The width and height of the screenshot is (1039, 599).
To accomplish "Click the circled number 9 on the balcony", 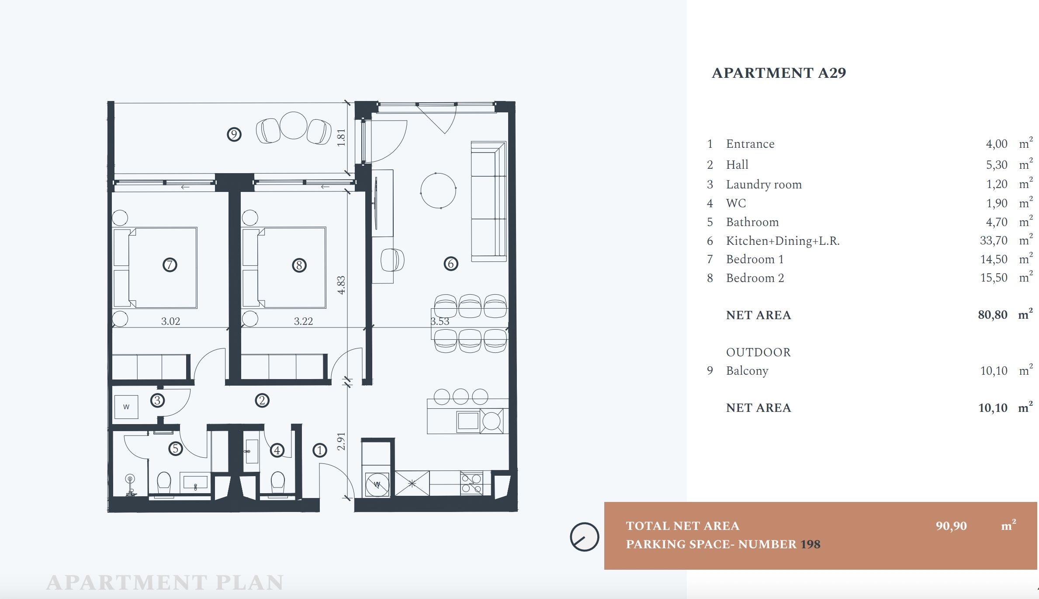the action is (234, 134).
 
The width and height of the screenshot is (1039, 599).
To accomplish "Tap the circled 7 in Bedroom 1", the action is (170, 265).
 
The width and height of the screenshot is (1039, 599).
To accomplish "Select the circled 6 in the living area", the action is (451, 264).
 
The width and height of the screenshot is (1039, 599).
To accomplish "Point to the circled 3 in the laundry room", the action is (158, 400).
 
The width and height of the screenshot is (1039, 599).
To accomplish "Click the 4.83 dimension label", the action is (342, 285).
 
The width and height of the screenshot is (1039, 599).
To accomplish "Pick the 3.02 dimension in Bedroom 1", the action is (170, 321).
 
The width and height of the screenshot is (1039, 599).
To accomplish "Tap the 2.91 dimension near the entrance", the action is (342, 441).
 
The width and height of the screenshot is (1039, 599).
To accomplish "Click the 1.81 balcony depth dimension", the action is (342, 137).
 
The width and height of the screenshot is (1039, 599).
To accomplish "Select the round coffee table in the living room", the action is (438, 191).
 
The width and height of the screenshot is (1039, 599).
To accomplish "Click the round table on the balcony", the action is (294, 125).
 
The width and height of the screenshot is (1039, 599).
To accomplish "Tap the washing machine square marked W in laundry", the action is (126, 407).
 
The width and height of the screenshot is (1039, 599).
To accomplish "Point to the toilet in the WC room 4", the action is (278, 483).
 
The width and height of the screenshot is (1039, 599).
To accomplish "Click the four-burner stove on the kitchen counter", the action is (471, 483).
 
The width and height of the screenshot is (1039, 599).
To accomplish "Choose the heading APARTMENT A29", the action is (779, 73).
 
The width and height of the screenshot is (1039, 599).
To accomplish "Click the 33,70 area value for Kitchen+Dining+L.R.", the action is (994, 240).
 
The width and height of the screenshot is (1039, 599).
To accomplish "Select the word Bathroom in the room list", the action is (752, 222).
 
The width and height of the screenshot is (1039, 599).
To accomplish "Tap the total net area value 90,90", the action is (951, 526).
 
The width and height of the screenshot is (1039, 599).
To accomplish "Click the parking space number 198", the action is (810, 544).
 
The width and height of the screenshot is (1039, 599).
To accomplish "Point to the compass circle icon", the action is (584, 537).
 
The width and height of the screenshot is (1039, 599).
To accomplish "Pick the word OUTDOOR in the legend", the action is (758, 352).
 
